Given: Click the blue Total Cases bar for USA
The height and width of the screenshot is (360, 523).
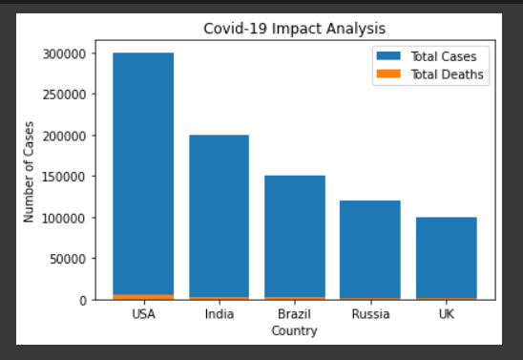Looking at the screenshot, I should click(x=143, y=172).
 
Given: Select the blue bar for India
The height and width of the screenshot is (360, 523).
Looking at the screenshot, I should click(x=219, y=215).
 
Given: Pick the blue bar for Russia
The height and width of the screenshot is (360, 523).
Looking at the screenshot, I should click(x=370, y=248).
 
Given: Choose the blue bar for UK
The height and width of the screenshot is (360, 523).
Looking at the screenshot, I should click(x=446, y=257).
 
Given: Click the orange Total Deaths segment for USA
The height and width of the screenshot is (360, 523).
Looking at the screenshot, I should click(x=143, y=297).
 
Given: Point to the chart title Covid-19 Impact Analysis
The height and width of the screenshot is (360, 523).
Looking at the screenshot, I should click(x=295, y=29).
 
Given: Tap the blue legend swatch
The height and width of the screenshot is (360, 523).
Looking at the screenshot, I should click(x=387, y=56).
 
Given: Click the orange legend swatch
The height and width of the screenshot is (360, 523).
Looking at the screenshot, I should click(x=387, y=74).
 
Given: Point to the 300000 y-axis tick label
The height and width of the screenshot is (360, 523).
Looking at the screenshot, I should click(x=68, y=53).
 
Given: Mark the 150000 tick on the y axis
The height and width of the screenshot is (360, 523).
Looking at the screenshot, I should click(x=68, y=177).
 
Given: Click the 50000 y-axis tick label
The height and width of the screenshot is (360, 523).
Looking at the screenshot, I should click(x=72, y=259).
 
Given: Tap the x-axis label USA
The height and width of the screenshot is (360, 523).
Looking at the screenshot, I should click(x=143, y=314).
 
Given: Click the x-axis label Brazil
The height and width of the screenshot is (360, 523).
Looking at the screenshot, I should click(x=294, y=314).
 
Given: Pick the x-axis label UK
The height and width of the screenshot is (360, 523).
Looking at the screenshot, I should click(x=446, y=314).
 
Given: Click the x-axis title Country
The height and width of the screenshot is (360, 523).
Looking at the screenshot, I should click(x=294, y=330).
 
